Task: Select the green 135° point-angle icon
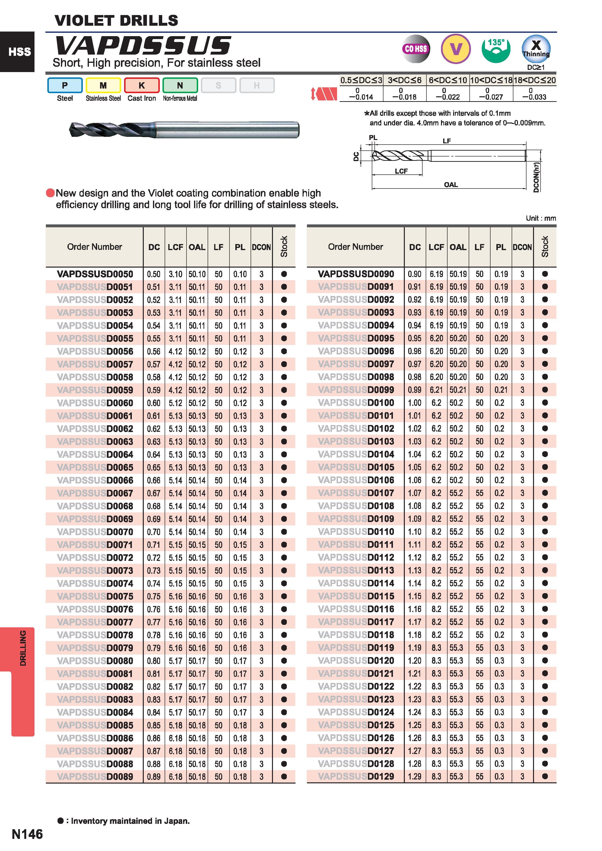coord(496,49)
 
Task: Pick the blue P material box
coord(65,85)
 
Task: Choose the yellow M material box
coord(103,85)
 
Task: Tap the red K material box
coord(142,85)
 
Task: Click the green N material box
coord(180,85)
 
